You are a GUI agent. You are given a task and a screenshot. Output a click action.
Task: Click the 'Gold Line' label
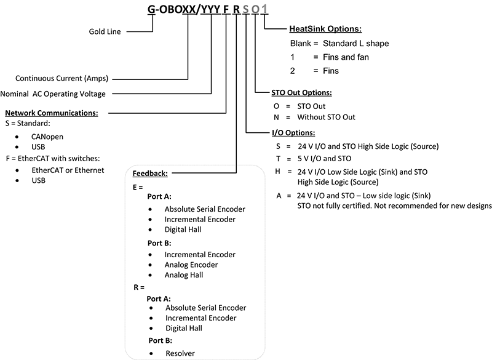(105, 31)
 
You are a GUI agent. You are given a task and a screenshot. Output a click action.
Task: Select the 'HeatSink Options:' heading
(325, 29)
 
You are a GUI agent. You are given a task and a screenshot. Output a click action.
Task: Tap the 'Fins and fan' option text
(346, 57)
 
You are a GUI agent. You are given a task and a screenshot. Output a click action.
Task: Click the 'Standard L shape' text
(356, 43)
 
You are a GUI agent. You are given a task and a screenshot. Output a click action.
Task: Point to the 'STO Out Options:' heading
(301, 92)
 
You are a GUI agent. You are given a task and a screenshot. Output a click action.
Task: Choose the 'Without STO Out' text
(327, 117)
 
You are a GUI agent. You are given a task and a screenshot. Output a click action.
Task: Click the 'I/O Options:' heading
(293, 133)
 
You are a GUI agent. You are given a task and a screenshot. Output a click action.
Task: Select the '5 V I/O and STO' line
(325, 159)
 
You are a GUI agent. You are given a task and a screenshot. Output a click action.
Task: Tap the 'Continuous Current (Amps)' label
(62, 78)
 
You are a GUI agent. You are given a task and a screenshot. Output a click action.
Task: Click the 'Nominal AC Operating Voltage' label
(53, 94)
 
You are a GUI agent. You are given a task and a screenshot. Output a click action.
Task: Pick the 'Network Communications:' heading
(52, 113)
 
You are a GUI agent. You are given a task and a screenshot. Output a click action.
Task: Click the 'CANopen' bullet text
(47, 137)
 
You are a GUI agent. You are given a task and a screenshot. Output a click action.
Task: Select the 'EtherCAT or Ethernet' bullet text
(68, 170)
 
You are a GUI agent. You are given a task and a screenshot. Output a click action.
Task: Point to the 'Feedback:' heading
(150, 174)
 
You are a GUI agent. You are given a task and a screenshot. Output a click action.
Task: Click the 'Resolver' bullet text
(180, 353)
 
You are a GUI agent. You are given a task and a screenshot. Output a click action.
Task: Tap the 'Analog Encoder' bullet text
(191, 265)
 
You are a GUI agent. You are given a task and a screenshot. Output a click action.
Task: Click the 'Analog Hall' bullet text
(183, 275)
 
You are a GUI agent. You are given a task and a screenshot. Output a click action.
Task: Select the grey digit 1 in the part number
(264, 9)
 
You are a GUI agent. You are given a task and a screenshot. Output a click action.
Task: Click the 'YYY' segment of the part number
(210, 9)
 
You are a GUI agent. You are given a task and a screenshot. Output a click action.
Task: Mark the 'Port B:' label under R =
(161, 340)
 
